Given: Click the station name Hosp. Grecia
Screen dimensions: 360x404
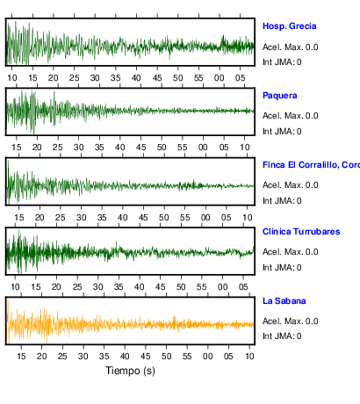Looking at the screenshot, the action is tap(289, 26).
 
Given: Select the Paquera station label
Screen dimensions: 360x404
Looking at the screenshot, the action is tap(280, 96).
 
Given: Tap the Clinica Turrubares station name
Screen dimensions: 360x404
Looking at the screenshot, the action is tap(301, 232).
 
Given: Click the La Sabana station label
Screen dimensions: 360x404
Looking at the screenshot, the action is tap(284, 301).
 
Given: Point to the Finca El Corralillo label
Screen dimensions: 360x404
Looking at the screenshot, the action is tap(311, 165).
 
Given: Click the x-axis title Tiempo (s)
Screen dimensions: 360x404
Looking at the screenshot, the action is tap(130, 371).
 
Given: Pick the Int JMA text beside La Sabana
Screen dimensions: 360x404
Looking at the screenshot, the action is tap(282, 335).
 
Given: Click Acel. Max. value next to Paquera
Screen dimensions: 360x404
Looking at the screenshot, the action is tap(290, 116).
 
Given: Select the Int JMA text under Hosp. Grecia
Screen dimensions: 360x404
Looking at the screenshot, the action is tap(282, 62).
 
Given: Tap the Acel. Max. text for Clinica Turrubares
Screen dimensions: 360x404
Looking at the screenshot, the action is tap(290, 252).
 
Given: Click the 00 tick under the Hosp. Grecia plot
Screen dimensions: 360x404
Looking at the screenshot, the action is tap(220, 78).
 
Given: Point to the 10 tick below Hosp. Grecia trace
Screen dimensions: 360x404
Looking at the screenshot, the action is tap(12, 78).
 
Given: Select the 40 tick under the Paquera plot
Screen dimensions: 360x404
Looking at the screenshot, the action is tap(120, 148).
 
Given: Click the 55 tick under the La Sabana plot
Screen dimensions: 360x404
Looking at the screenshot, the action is tap(187, 357).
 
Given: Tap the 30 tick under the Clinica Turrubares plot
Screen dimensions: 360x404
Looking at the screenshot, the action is tap(97, 287).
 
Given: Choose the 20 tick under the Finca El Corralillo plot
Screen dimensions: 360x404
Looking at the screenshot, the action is tap(40, 218).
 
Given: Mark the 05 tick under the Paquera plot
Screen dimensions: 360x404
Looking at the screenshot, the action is tap(224, 148).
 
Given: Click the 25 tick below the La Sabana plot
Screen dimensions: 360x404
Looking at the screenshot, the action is tap(62, 357).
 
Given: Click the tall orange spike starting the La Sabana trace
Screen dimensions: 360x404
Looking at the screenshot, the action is tap(8, 321).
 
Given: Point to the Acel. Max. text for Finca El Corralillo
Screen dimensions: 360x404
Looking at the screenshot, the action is tap(290, 185).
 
